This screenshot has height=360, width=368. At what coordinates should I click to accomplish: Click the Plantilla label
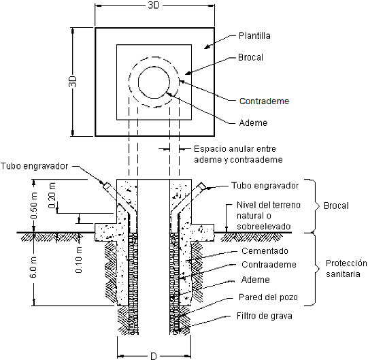point(254,35)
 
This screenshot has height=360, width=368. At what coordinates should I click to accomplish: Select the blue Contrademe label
point(264,101)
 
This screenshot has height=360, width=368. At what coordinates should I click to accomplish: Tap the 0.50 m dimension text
point(34,206)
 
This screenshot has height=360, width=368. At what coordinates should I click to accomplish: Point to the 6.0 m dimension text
point(33,267)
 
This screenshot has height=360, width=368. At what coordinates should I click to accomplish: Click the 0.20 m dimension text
point(52,195)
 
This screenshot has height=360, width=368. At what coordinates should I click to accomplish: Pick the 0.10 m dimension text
point(79,260)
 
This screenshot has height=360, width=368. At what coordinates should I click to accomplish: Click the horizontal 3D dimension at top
point(154,5)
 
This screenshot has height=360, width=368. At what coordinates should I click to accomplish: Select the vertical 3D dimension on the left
point(73,81)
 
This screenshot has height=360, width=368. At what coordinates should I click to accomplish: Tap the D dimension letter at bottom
point(154,356)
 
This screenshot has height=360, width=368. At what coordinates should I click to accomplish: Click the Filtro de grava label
point(264,316)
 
